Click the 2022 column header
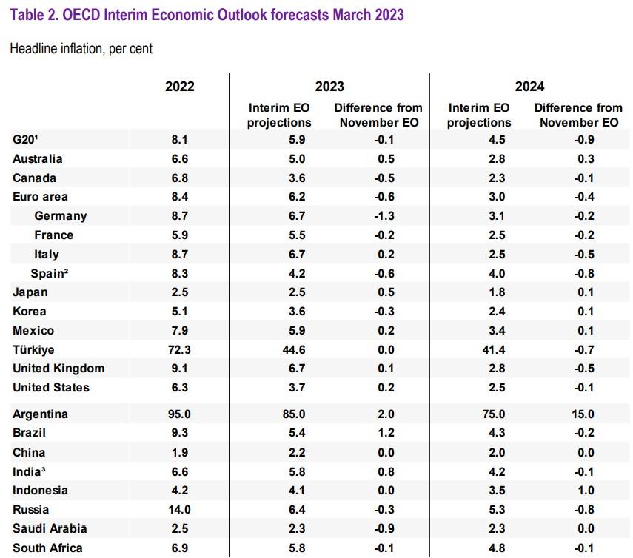pos(180,86)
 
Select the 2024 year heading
pos(530,86)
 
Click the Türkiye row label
pos(33,349)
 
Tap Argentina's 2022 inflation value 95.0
pos(180,414)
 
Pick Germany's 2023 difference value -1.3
pos(380,216)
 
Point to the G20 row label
pos(26,139)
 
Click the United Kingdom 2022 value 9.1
pos(180,369)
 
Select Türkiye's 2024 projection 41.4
pos(479,349)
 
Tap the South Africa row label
pos(47,548)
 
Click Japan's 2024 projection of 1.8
pos(479,292)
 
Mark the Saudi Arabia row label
pos(50,528)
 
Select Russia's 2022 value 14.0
pos(180,509)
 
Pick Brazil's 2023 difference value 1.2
pos(380,433)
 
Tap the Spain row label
pos(50,273)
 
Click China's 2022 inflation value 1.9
pos(180,452)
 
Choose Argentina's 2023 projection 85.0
pos(279,414)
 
